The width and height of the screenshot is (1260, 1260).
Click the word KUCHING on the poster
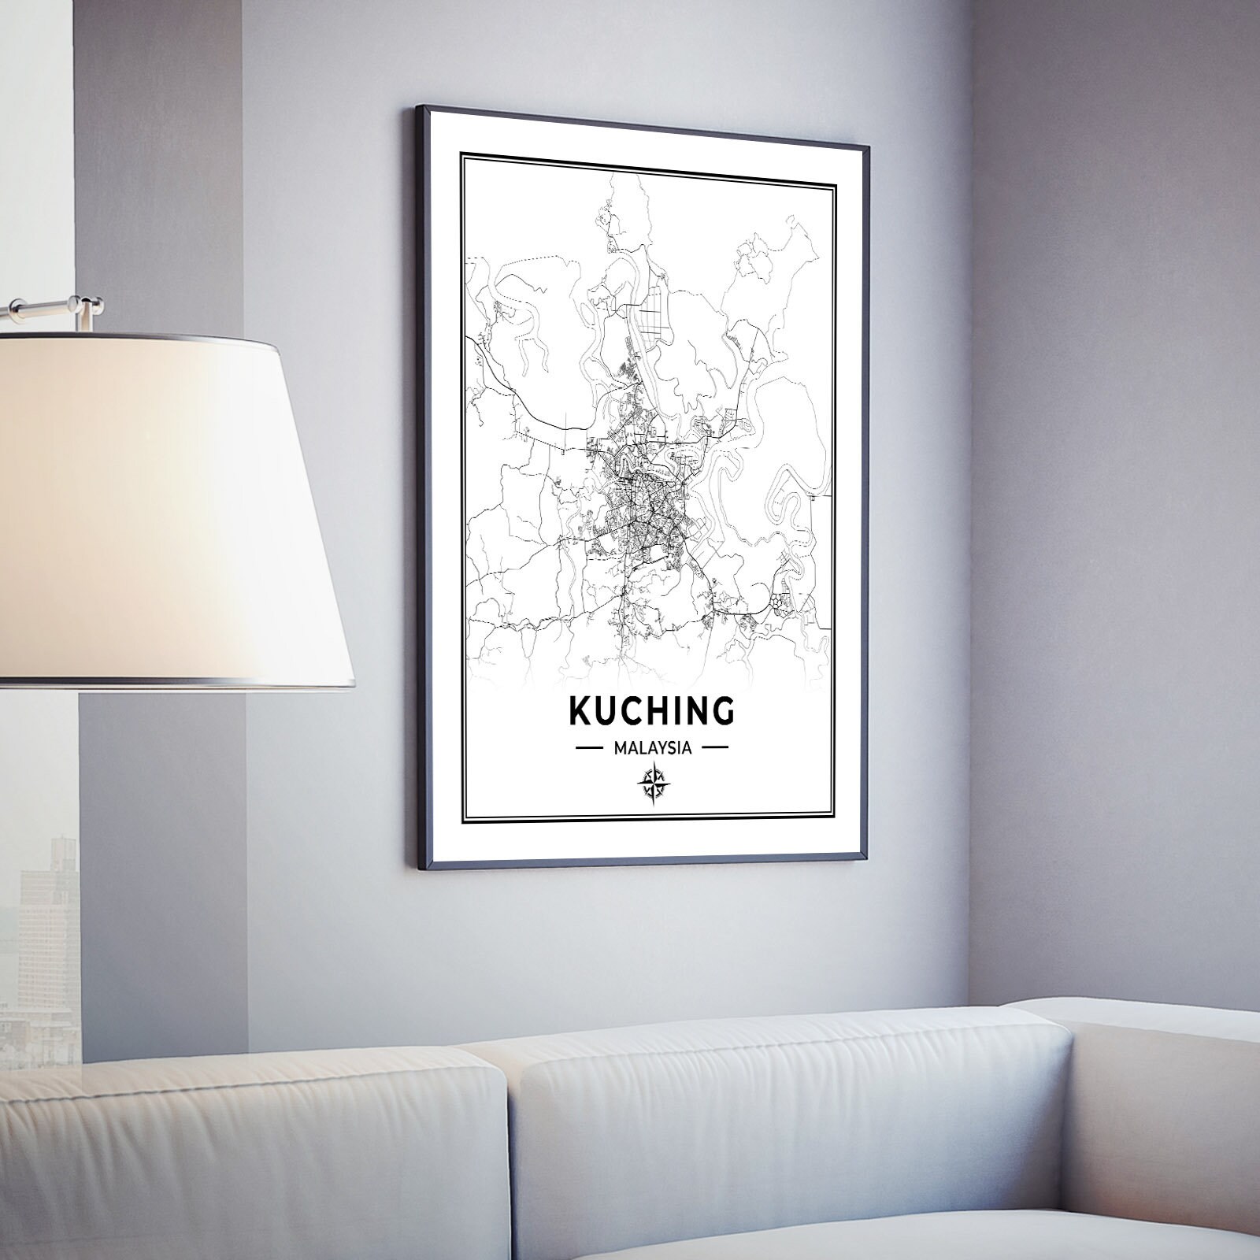(651, 711)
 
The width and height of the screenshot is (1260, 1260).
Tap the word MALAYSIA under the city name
(652, 748)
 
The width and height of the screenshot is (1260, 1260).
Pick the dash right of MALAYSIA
(713, 748)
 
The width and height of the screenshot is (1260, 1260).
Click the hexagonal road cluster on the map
(779, 601)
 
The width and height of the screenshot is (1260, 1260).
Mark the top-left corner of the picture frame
(418, 107)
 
